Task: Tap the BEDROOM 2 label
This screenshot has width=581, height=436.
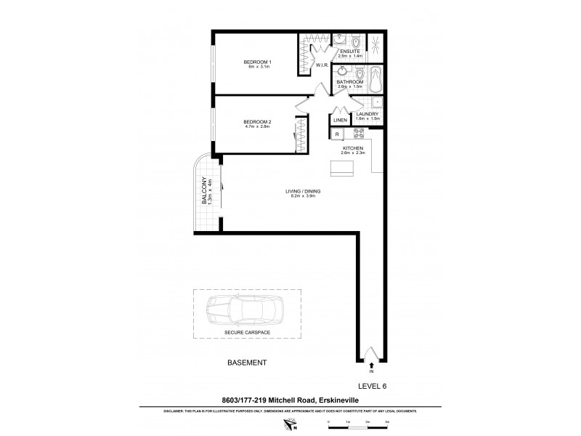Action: tap(257, 121)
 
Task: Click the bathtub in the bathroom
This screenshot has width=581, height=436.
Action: tap(375, 79)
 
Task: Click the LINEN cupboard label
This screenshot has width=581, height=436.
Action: tap(340, 120)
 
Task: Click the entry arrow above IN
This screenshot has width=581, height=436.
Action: tap(372, 365)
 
